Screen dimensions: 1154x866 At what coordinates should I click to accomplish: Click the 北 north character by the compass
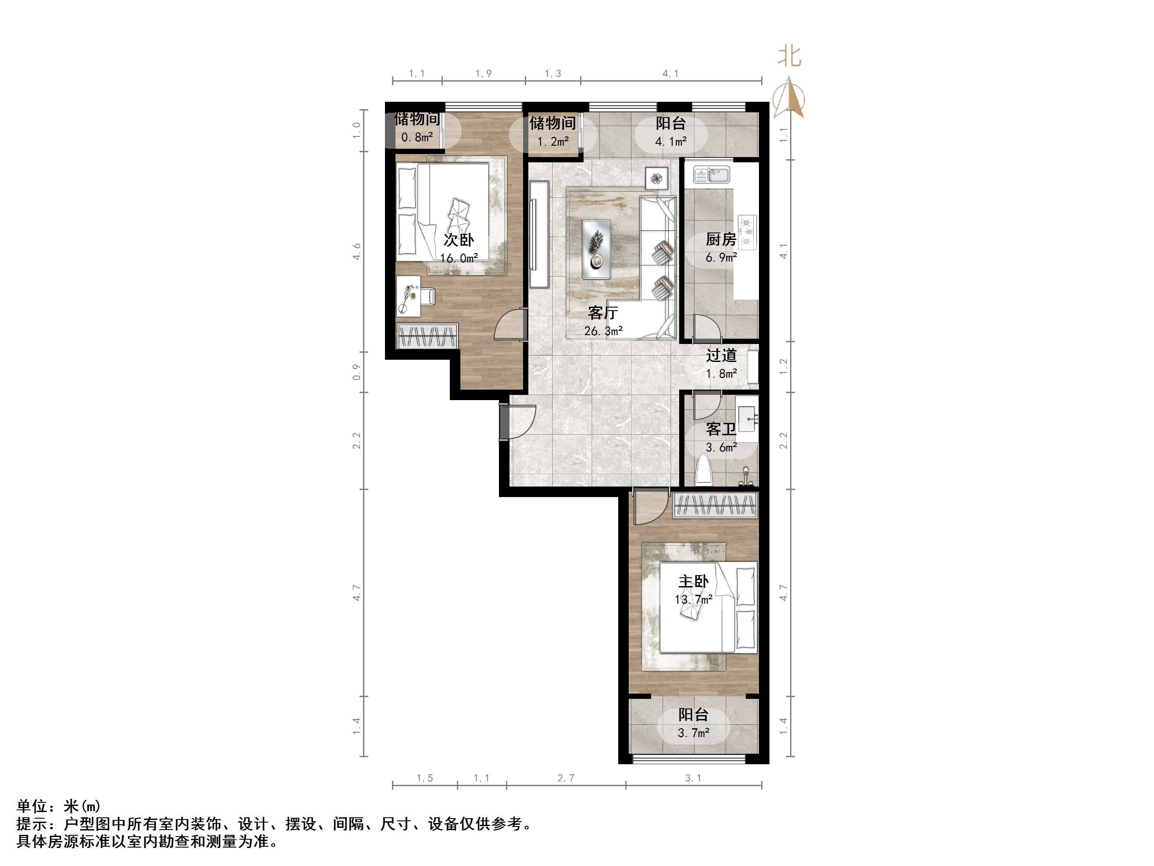click(789, 55)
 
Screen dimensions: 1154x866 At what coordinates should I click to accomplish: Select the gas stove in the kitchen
click(748, 231)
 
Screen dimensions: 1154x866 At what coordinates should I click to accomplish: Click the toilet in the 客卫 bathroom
click(704, 470)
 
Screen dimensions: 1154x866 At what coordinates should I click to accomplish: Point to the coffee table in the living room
click(596, 249)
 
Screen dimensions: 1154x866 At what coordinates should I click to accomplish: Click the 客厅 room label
click(602, 312)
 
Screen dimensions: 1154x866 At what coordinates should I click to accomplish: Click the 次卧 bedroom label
click(459, 240)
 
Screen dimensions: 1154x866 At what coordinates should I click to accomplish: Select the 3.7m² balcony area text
click(693, 733)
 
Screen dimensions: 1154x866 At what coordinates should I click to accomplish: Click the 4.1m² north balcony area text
click(671, 141)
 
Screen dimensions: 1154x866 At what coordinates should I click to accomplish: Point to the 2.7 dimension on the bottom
click(566, 778)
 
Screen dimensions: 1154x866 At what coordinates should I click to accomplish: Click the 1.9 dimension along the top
click(484, 74)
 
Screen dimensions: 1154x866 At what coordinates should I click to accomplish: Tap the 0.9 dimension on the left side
click(357, 372)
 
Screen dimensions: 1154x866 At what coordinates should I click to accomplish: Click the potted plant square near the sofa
click(656, 178)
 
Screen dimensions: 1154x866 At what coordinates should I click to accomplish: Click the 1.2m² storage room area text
click(553, 141)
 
